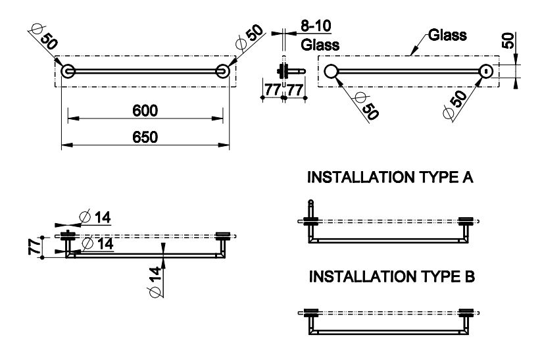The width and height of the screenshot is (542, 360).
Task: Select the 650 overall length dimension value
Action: tap(145, 138)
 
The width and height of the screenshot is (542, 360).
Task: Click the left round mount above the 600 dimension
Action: tap(67, 71)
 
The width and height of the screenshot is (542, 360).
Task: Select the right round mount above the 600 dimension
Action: tap(222, 71)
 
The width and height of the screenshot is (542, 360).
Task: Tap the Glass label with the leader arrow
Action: tap(447, 35)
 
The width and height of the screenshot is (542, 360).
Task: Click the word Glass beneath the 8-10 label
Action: tap(320, 45)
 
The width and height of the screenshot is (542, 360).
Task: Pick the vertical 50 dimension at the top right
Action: tap(508, 40)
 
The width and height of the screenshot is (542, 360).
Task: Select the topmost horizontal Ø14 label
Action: tap(96, 217)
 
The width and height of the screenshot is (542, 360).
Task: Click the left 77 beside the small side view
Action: tap(271, 89)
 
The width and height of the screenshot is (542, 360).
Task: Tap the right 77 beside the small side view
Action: tap(295, 89)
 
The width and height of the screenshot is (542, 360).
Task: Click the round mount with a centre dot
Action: tap(486, 72)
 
